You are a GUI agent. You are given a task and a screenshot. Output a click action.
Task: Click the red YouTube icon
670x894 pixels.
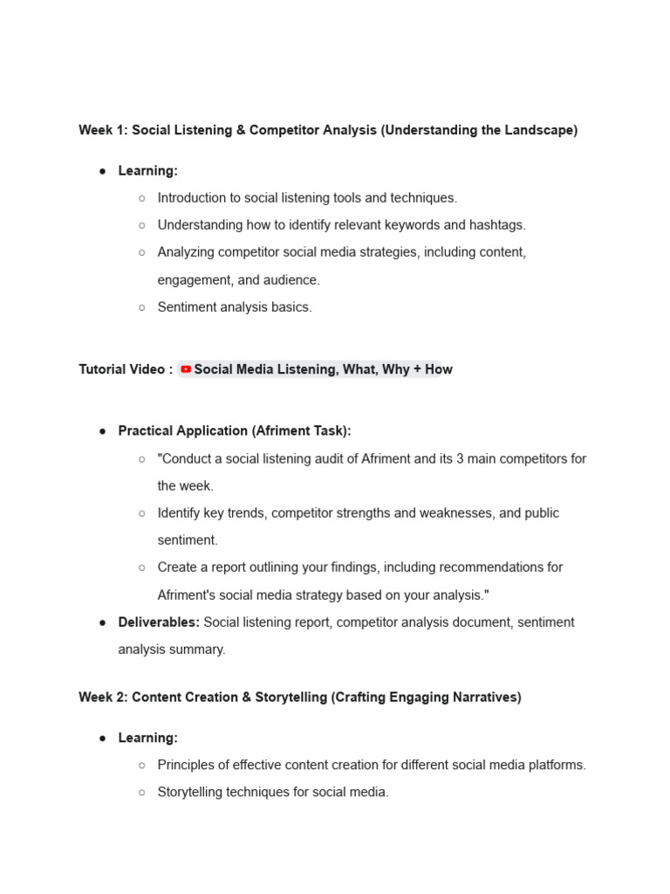coord(186,369)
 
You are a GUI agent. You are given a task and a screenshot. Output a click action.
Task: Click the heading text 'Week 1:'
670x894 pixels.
coord(103,130)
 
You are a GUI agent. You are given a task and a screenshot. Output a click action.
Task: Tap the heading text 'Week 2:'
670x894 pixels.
coord(103,697)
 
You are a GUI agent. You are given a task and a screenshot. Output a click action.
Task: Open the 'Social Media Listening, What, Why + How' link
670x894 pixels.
coord(323,369)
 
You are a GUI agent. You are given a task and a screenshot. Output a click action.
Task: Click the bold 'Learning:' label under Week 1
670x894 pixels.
coord(147,170)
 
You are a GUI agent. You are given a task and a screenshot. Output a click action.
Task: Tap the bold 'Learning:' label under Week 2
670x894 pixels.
coord(147,738)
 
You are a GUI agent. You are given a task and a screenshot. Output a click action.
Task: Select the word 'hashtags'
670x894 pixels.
coord(497,224)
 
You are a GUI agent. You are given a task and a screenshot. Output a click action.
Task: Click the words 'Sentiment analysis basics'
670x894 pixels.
coord(234,306)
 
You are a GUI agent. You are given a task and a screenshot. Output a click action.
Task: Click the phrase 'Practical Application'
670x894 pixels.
coord(185,430)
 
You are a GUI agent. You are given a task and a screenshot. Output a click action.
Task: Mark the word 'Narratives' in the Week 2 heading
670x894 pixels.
coord(484,697)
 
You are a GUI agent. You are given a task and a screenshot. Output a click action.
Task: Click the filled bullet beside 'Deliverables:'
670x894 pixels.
coord(103,622)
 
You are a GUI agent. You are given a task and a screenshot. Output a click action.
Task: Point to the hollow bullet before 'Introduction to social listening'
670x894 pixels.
coord(141,198)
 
